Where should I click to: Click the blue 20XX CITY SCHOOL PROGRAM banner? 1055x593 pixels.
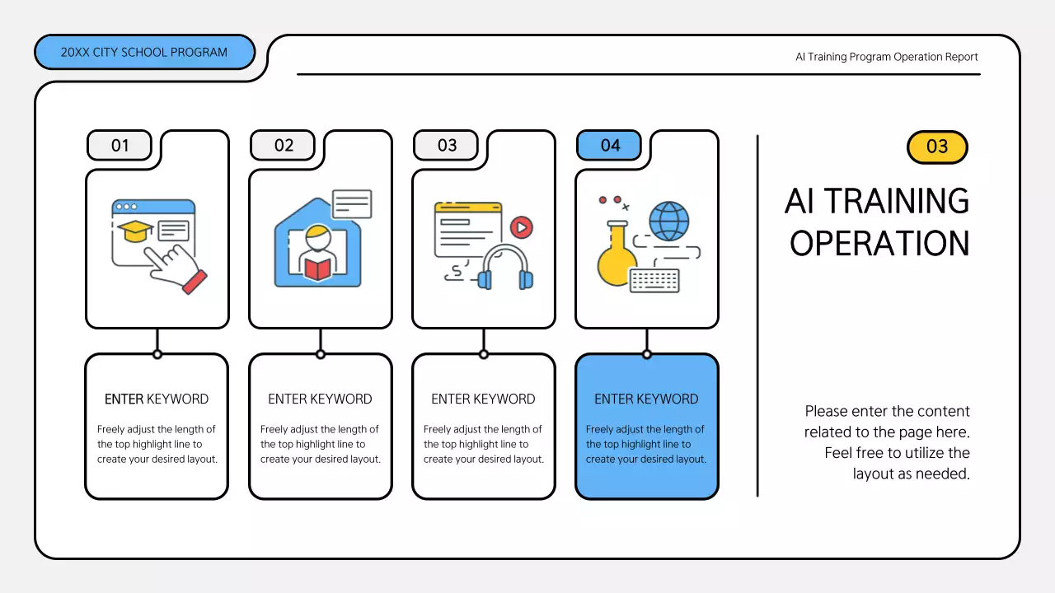click(144, 53)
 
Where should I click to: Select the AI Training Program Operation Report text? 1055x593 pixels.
click(886, 57)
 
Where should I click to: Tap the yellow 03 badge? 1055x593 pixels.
click(937, 147)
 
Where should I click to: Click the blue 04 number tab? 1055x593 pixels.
click(609, 146)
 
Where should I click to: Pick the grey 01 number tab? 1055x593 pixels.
click(120, 146)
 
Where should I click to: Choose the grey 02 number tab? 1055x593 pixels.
click(283, 146)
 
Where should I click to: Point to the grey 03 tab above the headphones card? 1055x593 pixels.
click(446, 146)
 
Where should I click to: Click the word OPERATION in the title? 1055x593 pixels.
click(879, 244)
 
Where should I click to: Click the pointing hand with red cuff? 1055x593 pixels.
click(179, 268)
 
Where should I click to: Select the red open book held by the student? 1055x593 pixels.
click(317, 268)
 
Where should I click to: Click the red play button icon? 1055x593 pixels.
click(521, 227)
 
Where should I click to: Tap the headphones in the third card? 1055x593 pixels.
click(505, 268)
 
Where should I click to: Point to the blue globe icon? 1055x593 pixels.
click(668, 221)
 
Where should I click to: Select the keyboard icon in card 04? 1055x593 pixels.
click(654, 280)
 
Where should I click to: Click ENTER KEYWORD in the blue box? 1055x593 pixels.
click(646, 399)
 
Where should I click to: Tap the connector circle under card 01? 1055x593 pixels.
click(157, 354)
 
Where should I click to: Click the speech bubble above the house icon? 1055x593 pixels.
click(352, 203)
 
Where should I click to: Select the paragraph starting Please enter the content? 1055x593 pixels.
click(887, 442)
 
